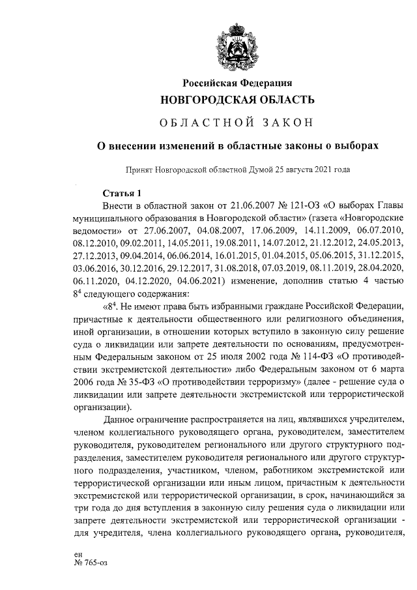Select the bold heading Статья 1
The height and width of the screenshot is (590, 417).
coord(122,193)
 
